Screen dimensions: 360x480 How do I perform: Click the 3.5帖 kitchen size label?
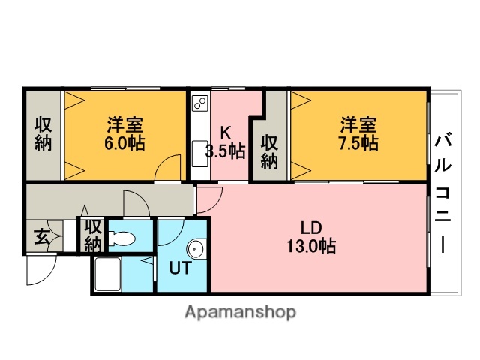[225, 151]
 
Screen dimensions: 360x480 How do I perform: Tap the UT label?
[180, 266]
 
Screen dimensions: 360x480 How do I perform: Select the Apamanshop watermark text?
[240, 310]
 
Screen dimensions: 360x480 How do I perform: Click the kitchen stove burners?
[200, 103]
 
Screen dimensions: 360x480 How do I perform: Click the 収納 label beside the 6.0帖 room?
[43, 134]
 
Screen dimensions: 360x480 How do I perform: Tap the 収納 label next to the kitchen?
[270, 151]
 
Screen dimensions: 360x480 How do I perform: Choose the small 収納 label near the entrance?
[93, 235]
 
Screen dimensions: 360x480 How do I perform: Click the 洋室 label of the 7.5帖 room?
[358, 124]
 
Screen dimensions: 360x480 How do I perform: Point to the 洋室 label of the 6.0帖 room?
[125, 124]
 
